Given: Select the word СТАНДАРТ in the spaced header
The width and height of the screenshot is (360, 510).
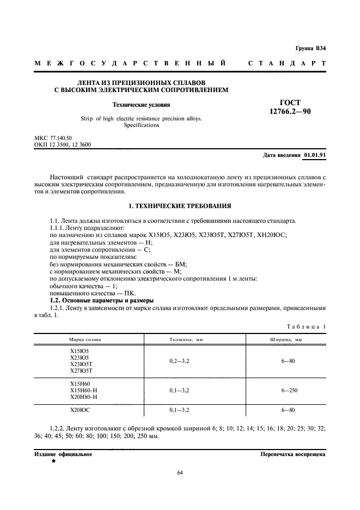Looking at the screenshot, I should (x=287, y=64).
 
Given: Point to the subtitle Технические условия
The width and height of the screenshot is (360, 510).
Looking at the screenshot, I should (x=141, y=105).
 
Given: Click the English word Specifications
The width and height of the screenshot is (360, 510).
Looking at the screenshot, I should (x=141, y=125).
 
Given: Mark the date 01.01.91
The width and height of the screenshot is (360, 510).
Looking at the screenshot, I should (x=315, y=155).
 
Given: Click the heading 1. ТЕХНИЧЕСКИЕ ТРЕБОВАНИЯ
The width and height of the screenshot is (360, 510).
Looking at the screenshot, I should (x=180, y=207).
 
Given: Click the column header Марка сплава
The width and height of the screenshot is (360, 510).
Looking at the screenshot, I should (x=86, y=339).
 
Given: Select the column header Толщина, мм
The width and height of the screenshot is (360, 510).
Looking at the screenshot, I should (x=186, y=339).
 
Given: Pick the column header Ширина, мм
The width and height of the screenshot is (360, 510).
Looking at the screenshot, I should (x=286, y=339).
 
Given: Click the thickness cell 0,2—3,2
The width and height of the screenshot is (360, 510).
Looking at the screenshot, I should (x=179, y=361).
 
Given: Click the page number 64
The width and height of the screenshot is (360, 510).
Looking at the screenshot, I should (x=180, y=472).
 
